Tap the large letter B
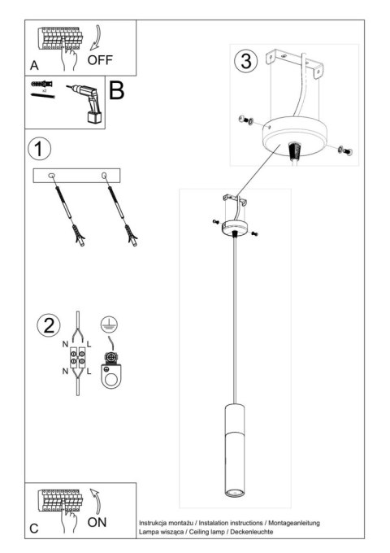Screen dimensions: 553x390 tap(117, 90)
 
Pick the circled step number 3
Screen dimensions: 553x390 tap(245, 61)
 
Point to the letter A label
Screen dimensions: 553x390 tap(34, 64)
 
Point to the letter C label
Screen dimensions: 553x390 tap(34, 529)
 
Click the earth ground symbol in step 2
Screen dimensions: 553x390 tap(107, 323)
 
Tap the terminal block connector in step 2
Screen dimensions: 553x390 tap(80, 359)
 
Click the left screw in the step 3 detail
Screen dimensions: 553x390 tap(244, 122)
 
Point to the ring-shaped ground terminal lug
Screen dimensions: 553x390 tap(107, 375)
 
